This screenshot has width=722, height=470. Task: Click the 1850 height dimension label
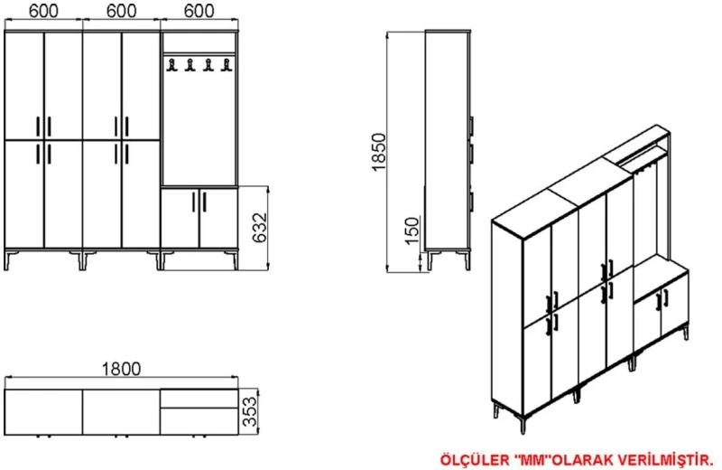click(x=378, y=152)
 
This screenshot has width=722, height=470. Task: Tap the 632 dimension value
click(x=260, y=228)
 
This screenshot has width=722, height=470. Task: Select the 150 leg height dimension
click(x=412, y=230)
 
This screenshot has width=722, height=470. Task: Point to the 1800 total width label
click(x=121, y=369)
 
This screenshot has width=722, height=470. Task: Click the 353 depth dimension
click(x=250, y=412)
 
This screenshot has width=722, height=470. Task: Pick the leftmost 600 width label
click(x=43, y=11)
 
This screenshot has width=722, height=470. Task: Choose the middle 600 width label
click(x=121, y=11)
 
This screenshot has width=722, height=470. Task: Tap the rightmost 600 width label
click(x=199, y=11)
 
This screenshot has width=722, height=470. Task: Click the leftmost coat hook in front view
click(x=171, y=65)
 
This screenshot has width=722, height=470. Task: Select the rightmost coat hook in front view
click(x=226, y=65)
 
